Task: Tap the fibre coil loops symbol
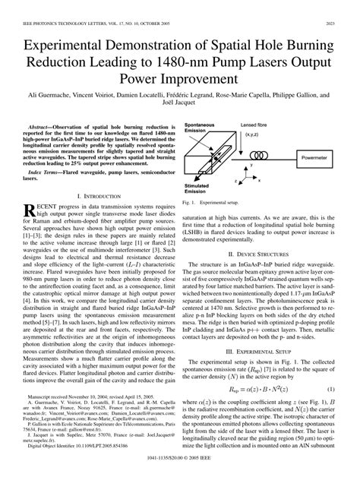coord(272,158)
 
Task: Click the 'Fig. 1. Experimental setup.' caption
coord(212,224)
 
